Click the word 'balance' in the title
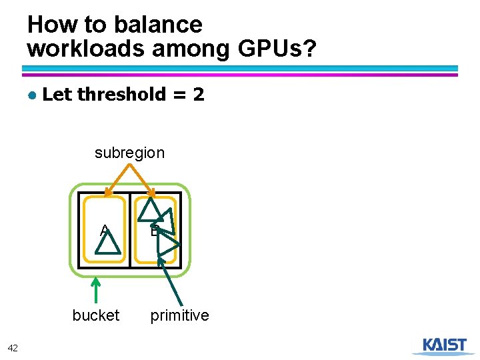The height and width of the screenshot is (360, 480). point(159,25)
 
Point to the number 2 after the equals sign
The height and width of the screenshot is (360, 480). point(199,95)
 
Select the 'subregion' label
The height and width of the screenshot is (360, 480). point(129,153)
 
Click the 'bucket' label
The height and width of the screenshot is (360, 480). point(96,315)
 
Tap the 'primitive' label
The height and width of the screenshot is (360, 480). point(179,315)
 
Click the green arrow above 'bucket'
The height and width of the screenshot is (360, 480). point(96,290)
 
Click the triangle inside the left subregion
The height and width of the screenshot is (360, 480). point(107,243)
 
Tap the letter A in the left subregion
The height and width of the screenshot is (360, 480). point(103,231)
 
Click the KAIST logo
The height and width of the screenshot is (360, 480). point(445,345)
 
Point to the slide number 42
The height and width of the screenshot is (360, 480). point(13,347)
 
